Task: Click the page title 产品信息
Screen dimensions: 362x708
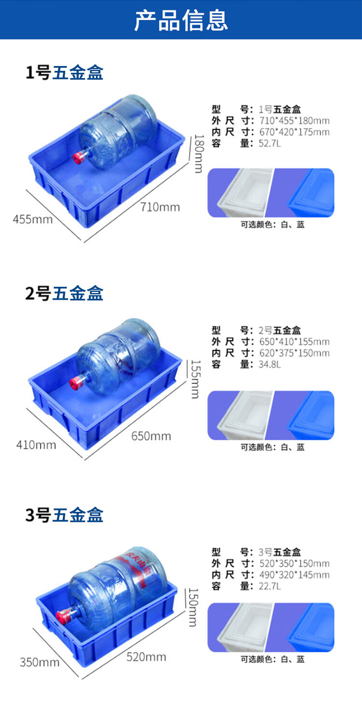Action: coord(181,20)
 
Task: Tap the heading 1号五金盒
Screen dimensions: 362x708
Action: coord(64,72)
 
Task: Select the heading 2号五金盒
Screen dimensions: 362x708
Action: coord(64,293)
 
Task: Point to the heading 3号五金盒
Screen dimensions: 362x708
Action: coord(64,515)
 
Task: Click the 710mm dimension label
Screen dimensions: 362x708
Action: coord(160,207)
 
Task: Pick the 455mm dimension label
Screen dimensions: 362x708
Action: coord(33,219)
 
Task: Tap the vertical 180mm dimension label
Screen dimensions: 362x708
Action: coord(199,154)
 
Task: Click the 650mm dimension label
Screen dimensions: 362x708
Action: coord(151,436)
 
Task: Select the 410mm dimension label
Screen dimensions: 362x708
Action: coord(36,445)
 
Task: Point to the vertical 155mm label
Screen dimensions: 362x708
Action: coord(196,379)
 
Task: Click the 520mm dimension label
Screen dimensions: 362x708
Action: coord(146,657)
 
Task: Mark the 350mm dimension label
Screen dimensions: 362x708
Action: coord(40,662)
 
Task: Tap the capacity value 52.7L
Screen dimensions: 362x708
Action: coord(270,144)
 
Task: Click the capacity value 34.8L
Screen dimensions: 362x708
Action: coord(270,364)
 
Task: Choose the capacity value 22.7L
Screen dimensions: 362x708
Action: coord(270,587)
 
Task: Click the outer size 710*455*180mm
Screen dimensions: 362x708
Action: coord(294,120)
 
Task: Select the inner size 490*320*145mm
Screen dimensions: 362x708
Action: coord(294,574)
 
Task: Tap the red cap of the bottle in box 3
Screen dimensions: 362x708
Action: coord(62,617)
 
